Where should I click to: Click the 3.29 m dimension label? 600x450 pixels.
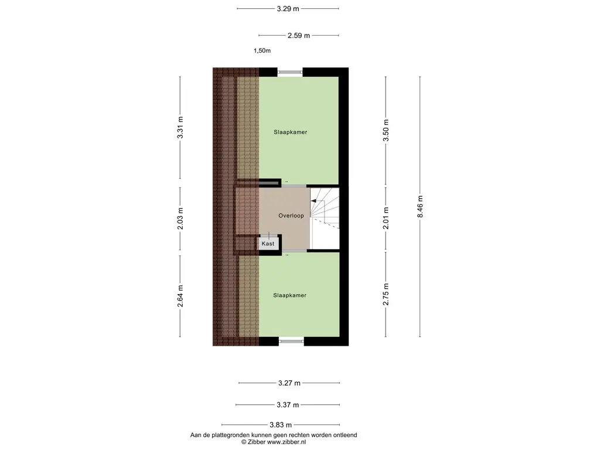point(288,8)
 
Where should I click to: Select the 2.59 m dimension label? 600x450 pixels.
point(298,36)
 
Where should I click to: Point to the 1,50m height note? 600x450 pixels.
point(262,50)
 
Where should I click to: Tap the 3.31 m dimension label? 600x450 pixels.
point(180,127)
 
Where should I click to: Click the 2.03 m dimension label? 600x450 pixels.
point(180,219)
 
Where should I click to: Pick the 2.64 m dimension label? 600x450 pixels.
point(180,296)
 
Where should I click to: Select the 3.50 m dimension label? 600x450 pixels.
point(386,131)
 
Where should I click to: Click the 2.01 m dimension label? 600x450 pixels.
point(386,218)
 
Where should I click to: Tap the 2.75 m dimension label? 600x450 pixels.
point(386,294)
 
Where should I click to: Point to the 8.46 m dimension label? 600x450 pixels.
point(420,207)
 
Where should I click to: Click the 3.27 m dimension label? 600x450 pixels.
point(289,383)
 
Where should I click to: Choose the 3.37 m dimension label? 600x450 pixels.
point(288,405)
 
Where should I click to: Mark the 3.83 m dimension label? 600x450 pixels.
point(281,425)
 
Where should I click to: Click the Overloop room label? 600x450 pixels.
point(291,216)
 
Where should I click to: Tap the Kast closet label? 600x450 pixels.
point(268,244)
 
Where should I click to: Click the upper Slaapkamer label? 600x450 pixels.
point(291,132)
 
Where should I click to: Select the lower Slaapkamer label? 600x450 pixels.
point(289,295)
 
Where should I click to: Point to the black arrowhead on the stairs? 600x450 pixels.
point(313,201)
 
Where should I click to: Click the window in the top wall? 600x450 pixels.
point(290,72)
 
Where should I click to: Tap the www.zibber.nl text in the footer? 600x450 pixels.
point(286,442)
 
